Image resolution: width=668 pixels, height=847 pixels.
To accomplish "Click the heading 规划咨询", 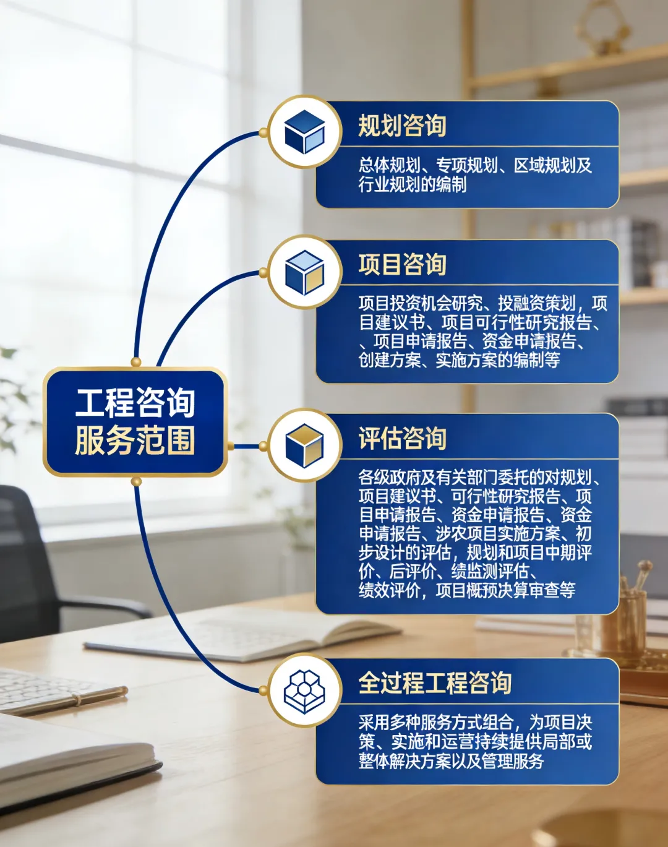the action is coord(402,126).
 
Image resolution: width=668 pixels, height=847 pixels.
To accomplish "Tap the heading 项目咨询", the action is coord(402,265).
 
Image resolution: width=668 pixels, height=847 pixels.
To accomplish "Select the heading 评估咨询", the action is coord(402,439).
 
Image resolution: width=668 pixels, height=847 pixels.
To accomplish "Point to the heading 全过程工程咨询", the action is coord(435,683).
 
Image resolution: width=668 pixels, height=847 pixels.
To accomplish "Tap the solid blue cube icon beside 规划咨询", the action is coord(304,132).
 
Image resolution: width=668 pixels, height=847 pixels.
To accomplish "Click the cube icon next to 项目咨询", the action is coord(304,272).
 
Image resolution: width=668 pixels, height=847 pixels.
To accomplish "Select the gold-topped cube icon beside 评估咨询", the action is coord(304,445).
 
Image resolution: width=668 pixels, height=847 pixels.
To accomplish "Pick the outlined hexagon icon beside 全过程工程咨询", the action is coord(304,690).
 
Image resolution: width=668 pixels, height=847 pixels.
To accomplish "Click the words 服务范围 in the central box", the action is coord(135,441).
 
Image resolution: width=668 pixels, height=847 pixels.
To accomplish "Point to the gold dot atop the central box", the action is coord(136,362).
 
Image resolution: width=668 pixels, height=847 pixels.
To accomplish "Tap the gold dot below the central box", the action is coord(137,481).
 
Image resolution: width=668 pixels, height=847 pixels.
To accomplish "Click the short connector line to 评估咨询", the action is coord(246,445).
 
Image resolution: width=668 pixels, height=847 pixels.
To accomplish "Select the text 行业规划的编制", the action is coord(413,184).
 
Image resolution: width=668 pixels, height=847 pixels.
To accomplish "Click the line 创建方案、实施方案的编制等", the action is coord(459,359).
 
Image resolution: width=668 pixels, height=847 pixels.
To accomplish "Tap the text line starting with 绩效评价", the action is coord(467,590).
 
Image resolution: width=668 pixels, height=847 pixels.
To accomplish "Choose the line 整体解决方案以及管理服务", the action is coord(451,760).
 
